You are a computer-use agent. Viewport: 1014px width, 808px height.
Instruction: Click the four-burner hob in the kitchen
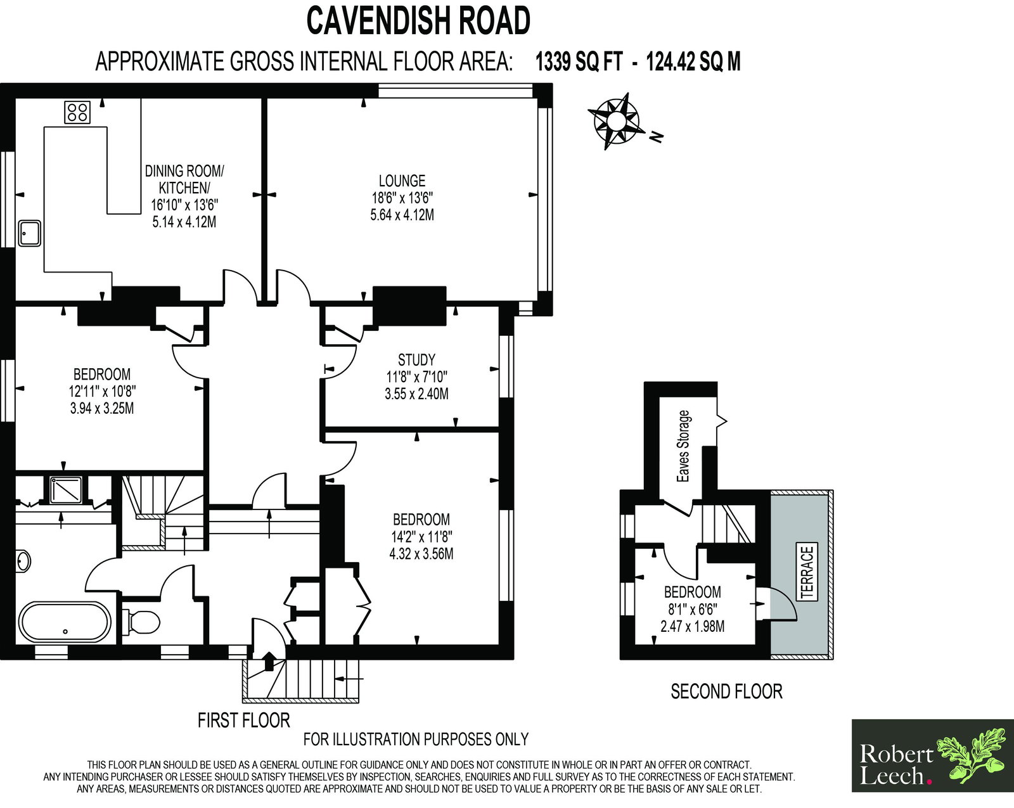pyautogui.click(x=77, y=112)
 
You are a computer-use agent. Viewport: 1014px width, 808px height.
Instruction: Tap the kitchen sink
pyautogui.click(x=30, y=233)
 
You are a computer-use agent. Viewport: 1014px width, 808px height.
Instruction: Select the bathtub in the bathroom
pyautogui.click(x=65, y=622)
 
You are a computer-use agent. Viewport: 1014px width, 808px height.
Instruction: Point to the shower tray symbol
pyautogui.click(x=66, y=490)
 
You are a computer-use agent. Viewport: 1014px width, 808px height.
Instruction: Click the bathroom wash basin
pyautogui.click(x=23, y=561)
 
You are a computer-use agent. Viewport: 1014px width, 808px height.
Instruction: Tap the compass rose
pyautogui.click(x=616, y=122)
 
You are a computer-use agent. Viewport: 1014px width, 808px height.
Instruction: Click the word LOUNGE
pyautogui.click(x=402, y=181)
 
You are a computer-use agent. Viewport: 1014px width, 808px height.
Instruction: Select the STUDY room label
pyautogui.click(x=416, y=360)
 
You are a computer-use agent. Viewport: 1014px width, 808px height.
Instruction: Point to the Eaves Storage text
pyautogui.click(x=683, y=446)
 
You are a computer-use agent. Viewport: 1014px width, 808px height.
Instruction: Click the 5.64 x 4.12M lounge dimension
pyautogui.click(x=402, y=215)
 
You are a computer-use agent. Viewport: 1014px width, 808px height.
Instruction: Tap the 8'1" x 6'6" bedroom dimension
pyautogui.click(x=693, y=609)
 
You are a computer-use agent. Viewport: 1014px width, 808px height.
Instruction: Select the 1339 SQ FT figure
pyautogui.click(x=579, y=61)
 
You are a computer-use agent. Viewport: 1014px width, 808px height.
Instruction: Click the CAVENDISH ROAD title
pyautogui.click(x=418, y=21)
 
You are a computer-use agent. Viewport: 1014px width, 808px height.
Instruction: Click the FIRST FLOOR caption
pyautogui.click(x=243, y=721)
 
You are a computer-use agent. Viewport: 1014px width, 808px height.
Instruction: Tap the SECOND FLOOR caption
pyautogui.click(x=726, y=691)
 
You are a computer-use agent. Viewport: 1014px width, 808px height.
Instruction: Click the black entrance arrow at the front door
pyautogui.click(x=269, y=660)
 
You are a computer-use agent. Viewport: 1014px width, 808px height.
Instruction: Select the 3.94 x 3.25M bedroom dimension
pyautogui.click(x=102, y=408)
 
